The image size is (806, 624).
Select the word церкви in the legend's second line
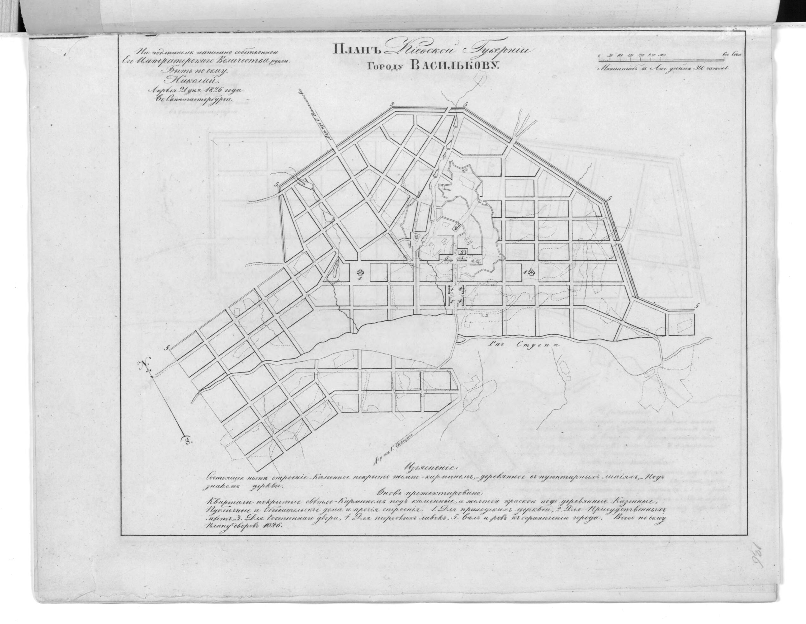click(269, 485)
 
